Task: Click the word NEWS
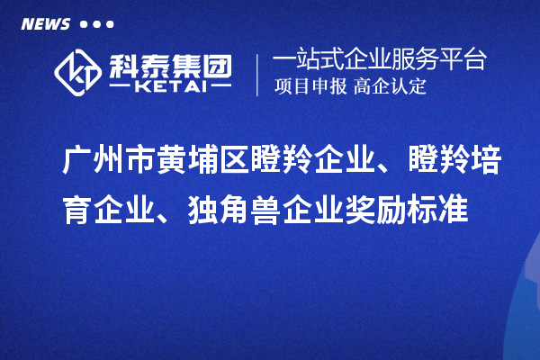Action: tap(46, 23)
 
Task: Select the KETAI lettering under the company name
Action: tap(170, 87)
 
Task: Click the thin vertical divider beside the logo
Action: tap(258, 75)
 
